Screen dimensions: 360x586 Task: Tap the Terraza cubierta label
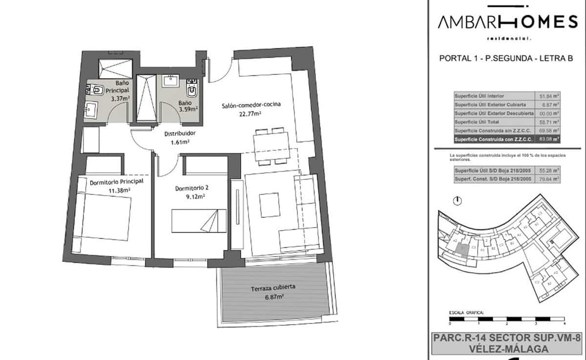click(273, 288)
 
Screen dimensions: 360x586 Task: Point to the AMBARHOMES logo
click(507, 21)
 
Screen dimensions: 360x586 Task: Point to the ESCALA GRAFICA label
click(466, 312)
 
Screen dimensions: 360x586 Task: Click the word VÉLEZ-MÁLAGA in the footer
click(506, 349)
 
